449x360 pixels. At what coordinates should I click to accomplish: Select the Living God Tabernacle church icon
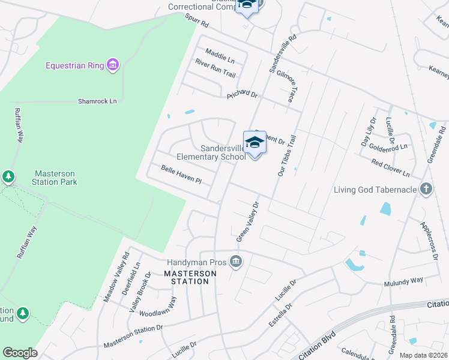426,190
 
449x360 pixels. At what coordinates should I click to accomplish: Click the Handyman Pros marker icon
236,262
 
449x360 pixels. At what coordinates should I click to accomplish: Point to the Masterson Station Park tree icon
8,176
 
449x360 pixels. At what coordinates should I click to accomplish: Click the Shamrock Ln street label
97,101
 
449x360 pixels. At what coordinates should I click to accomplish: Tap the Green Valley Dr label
247,222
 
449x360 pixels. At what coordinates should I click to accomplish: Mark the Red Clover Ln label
390,168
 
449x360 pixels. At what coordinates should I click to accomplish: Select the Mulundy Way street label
404,280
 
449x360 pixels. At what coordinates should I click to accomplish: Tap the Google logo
20,353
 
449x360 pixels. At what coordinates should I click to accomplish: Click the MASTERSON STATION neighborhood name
190,277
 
